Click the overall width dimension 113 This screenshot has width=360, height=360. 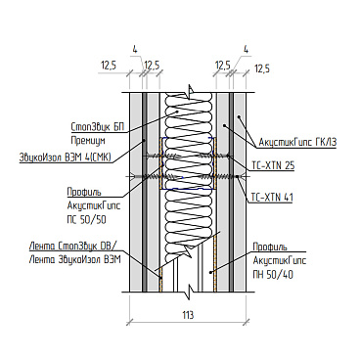pyautogui.click(x=188, y=315)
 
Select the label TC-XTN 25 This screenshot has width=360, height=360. pyautogui.click(x=273, y=166)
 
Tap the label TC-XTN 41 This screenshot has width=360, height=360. pyautogui.click(x=272, y=198)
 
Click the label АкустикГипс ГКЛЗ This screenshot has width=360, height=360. pyautogui.click(x=297, y=143)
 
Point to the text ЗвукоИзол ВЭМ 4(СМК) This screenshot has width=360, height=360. pyautogui.click(x=66, y=157)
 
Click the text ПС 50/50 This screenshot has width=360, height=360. pyautogui.click(x=86, y=220)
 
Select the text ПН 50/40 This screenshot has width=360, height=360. pyautogui.click(x=273, y=275)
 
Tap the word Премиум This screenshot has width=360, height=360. pyautogui.click(x=88, y=141)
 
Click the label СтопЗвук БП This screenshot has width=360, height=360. pyautogui.click(x=98, y=126)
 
